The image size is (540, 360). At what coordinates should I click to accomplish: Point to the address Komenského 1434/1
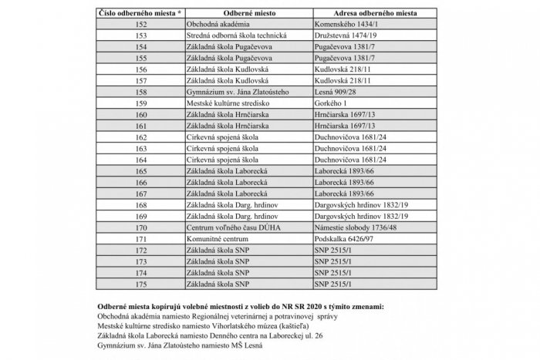(346, 24)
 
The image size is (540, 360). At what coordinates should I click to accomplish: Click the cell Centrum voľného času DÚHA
(234, 228)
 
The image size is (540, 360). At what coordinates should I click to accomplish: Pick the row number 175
(140, 284)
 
